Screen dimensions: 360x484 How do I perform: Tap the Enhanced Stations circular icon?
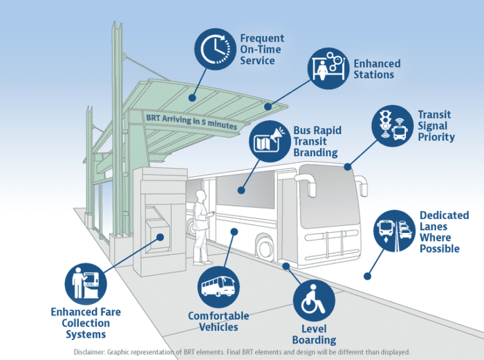pyautogui.click(x=327, y=69)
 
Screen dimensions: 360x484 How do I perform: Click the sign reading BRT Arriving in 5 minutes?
pyautogui.click(x=191, y=123)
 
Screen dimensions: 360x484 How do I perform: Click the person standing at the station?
pyautogui.click(x=201, y=227)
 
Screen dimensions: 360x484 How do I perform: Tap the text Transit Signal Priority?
pyautogui.click(x=436, y=126)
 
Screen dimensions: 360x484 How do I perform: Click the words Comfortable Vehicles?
pyautogui.click(x=218, y=321)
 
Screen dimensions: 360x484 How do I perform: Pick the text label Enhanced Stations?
pyautogui.click(x=377, y=69)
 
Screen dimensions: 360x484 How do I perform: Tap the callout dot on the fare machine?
pyautogui.click(x=161, y=236)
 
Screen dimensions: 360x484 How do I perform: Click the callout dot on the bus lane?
pyautogui.click(x=367, y=276)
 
